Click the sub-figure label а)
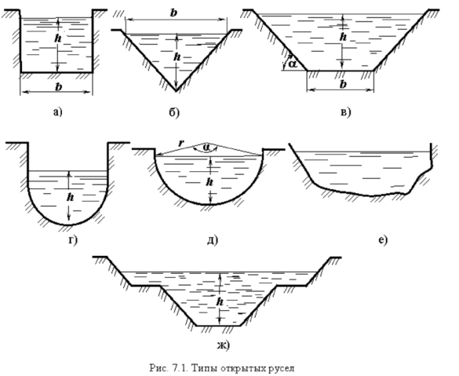(57, 112)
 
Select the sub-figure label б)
(174, 112)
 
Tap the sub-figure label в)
(346, 112)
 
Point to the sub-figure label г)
(73, 240)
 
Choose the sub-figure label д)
(213, 240)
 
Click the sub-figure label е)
(383, 240)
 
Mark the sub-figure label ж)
(224, 345)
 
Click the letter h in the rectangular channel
(58, 38)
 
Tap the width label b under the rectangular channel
(59, 87)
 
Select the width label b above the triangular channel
(174, 13)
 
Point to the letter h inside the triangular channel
(177, 57)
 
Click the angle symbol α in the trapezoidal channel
(292, 64)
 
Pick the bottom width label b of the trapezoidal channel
(343, 84)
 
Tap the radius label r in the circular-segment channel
(181, 143)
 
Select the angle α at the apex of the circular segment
(206, 148)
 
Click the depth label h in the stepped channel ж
(220, 301)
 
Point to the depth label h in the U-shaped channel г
(70, 197)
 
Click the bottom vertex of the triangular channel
(176, 91)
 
